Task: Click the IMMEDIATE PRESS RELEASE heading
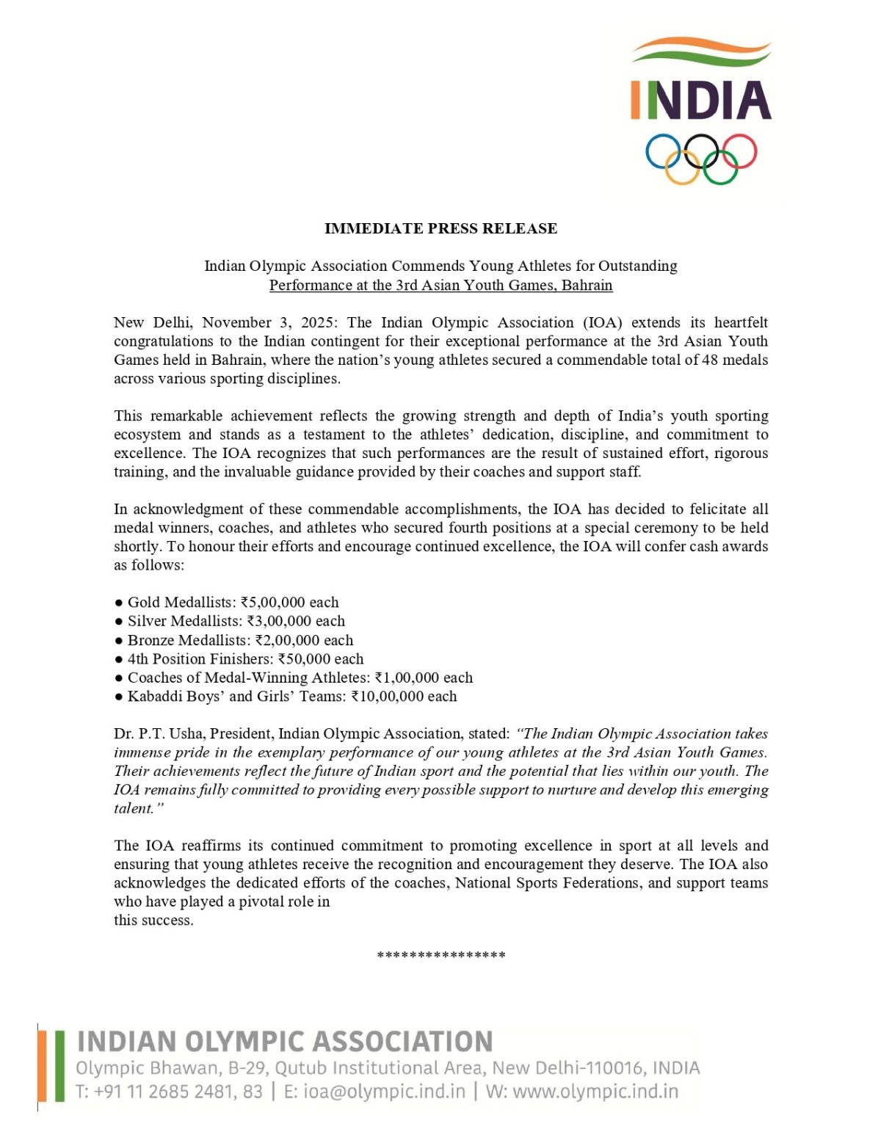point(440,228)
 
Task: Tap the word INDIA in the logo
point(701,101)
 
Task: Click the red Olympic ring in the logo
point(738,152)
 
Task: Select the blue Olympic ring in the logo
point(664,152)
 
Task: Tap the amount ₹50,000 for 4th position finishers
point(304,659)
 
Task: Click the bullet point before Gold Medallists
point(119,603)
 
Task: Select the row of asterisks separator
point(440,955)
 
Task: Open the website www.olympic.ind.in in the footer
point(595,1092)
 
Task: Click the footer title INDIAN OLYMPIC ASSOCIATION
point(285,1042)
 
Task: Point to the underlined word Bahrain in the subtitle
point(587,285)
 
